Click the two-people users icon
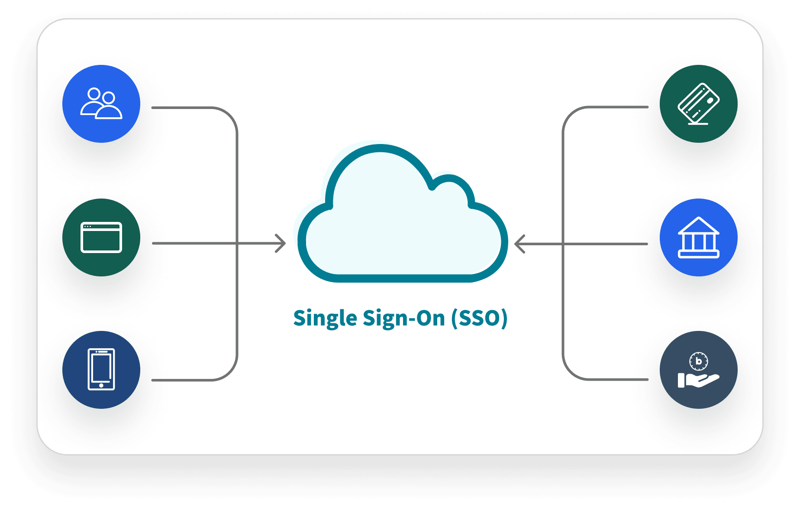[101, 103]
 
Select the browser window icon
[101, 237]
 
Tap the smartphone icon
[101, 369]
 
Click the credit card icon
[698, 104]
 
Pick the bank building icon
[698, 237]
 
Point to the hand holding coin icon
[698, 370]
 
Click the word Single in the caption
[325, 318]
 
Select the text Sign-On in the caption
[404, 318]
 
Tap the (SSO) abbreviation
[479, 318]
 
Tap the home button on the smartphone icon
[101, 385]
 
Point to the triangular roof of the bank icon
[698, 225]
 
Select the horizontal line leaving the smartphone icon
[182, 380]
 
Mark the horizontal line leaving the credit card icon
[615, 107]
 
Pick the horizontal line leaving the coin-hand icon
[615, 379]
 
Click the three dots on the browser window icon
[87, 227]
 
